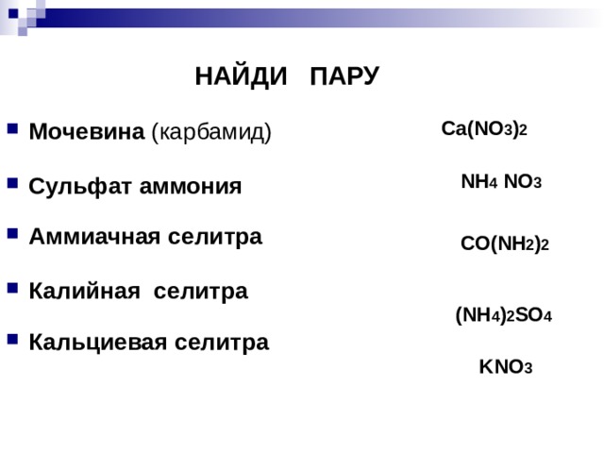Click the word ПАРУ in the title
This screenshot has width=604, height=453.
[344, 76]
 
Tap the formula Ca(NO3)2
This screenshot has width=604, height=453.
[484, 129]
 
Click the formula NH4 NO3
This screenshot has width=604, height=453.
[500, 182]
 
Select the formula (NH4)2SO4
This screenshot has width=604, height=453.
[503, 317]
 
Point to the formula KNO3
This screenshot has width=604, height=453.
[506, 367]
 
